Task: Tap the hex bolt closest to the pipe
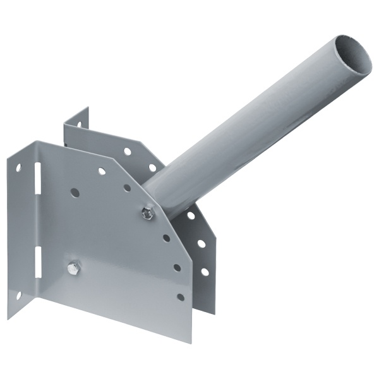147,214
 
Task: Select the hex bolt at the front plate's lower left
73,268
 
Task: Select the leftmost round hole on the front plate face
75,192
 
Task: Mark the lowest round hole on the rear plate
204,272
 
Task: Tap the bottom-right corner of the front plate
190,342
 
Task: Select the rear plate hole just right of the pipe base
191,215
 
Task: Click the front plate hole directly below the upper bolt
166,238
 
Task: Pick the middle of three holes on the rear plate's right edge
201,243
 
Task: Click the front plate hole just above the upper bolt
127,188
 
